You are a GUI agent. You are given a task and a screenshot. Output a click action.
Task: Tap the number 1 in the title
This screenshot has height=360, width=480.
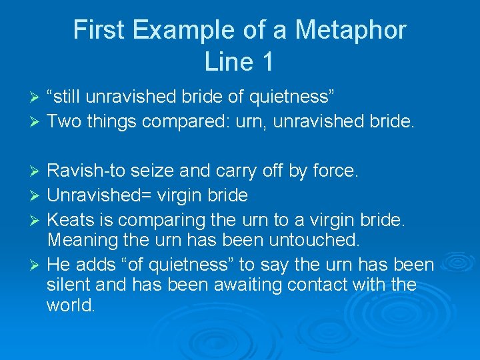[267, 62]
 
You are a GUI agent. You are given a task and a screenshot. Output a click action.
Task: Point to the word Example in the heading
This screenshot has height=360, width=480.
[179, 30]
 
